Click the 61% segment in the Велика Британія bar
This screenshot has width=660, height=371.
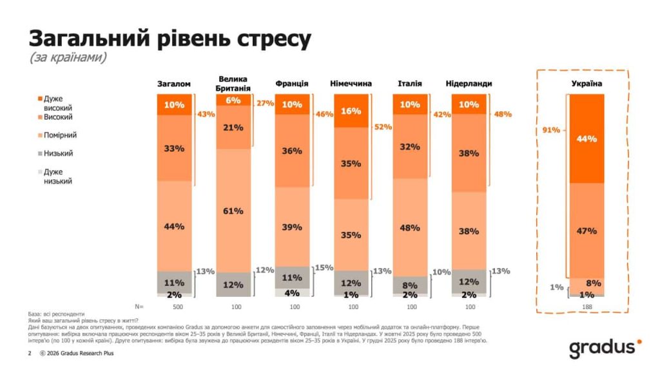[x=233, y=211]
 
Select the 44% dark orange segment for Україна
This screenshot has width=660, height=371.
[x=587, y=138]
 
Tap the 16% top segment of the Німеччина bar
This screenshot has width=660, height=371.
[x=351, y=111]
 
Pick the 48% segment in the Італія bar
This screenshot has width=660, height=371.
[x=410, y=227]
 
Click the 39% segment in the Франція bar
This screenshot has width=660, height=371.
[x=292, y=227]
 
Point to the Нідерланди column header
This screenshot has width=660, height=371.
[x=469, y=84]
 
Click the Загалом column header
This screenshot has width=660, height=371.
[x=174, y=84]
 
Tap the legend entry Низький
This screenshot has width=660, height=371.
[x=57, y=153]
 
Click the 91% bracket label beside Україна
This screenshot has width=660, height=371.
[x=551, y=130]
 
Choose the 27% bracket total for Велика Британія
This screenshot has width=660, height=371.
[x=265, y=103]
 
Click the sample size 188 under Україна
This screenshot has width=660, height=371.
[x=587, y=307]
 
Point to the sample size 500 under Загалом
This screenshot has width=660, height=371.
[x=174, y=307]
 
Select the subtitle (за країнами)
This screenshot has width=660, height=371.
[x=68, y=57]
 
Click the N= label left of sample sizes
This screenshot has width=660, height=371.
[x=139, y=307]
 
